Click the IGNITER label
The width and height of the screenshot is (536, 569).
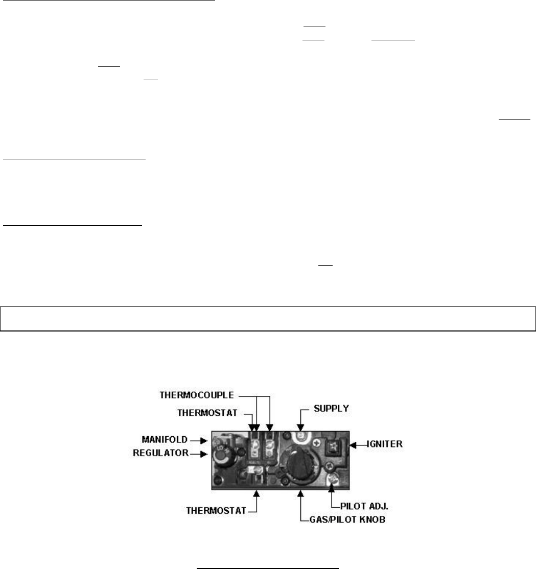click(x=384, y=445)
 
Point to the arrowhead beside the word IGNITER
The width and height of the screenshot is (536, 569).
click(x=353, y=445)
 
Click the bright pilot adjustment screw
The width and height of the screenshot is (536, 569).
click(x=333, y=480)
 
